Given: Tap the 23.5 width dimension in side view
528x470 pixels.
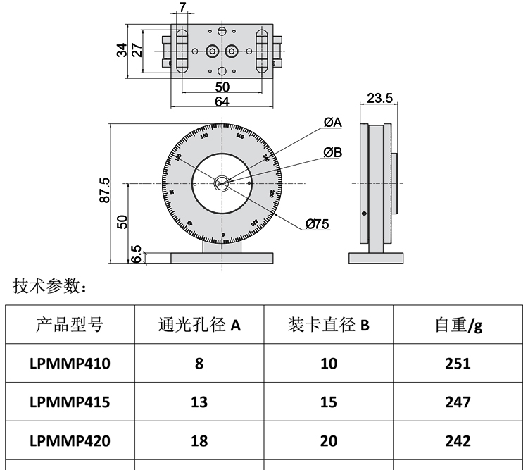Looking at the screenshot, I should click(379, 98).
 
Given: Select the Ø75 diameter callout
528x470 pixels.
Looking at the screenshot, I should click(318, 225).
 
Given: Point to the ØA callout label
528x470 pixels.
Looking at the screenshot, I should click(332, 123).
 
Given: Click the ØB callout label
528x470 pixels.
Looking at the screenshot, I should click(332, 152).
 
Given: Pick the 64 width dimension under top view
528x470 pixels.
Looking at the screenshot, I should click(222, 101).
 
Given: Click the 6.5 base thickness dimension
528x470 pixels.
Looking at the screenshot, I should click(137, 254).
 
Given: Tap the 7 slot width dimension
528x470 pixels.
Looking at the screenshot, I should click(183, 8).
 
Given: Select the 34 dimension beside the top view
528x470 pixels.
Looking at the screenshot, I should click(122, 50).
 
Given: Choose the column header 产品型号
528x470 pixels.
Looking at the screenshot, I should click(70, 325).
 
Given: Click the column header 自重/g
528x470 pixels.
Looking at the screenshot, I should click(458, 325).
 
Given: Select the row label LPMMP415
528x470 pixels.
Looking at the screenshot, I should click(70, 402).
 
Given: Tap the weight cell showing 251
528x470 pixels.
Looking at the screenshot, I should click(458, 364).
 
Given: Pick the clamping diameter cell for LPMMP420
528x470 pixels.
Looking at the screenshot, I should click(328, 441).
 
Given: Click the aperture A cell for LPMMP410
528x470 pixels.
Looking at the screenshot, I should click(199, 364).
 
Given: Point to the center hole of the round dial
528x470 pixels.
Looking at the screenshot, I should click(222, 184).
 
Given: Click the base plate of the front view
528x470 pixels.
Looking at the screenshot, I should click(222, 257).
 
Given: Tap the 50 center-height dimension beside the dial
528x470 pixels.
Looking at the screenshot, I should click(122, 221).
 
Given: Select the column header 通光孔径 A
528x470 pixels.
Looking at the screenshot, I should click(199, 325).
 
